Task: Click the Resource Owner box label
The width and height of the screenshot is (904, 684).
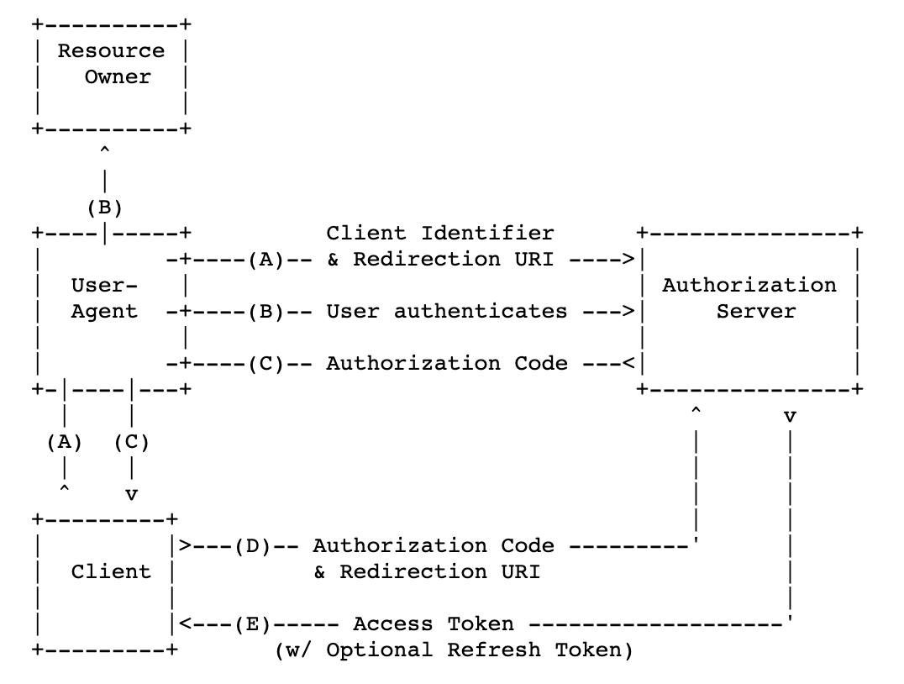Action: click(x=111, y=63)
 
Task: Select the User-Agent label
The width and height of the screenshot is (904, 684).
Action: click(x=104, y=298)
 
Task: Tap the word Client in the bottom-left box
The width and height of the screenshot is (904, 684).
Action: click(x=111, y=571)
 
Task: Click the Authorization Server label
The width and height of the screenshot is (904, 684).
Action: click(x=749, y=298)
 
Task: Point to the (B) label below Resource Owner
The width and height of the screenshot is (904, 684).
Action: click(x=105, y=208)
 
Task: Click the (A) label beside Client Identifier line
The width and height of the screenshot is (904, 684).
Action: click(x=266, y=260)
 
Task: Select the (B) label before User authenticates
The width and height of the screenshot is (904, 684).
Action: click(x=266, y=312)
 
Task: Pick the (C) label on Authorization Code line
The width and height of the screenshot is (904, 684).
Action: click(x=266, y=363)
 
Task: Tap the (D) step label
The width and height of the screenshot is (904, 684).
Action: click(x=253, y=545)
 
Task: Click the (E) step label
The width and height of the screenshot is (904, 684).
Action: click(x=253, y=624)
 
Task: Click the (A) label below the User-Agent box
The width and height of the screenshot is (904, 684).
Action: click(x=65, y=442)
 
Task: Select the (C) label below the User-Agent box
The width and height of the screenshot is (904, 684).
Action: click(x=131, y=442)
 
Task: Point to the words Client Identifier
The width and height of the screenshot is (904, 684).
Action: click(x=440, y=233)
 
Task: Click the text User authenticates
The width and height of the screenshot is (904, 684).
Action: click(x=447, y=312)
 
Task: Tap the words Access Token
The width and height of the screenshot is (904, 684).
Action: click(x=433, y=624)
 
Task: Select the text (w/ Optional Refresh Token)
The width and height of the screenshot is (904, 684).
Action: click(x=454, y=650)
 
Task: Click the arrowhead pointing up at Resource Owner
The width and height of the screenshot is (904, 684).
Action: click(x=104, y=150)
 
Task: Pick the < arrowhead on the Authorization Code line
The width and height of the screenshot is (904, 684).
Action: click(x=629, y=363)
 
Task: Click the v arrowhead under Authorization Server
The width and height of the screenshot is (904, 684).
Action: click(x=790, y=417)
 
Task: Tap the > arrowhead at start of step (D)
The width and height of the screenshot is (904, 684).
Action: click(x=185, y=545)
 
